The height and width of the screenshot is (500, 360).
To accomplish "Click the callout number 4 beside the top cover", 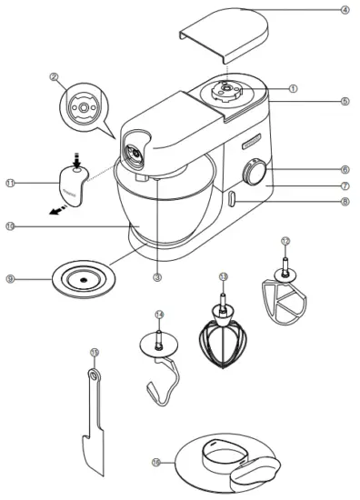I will click(x=345, y=10).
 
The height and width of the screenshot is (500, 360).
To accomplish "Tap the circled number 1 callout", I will click(x=293, y=88).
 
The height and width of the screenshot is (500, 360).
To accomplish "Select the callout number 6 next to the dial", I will click(x=345, y=169).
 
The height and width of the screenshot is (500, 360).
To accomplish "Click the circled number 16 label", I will click(x=156, y=462).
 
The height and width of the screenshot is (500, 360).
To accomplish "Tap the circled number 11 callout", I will click(x=10, y=183).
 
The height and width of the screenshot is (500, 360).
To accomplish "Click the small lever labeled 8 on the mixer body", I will click(x=234, y=199).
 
